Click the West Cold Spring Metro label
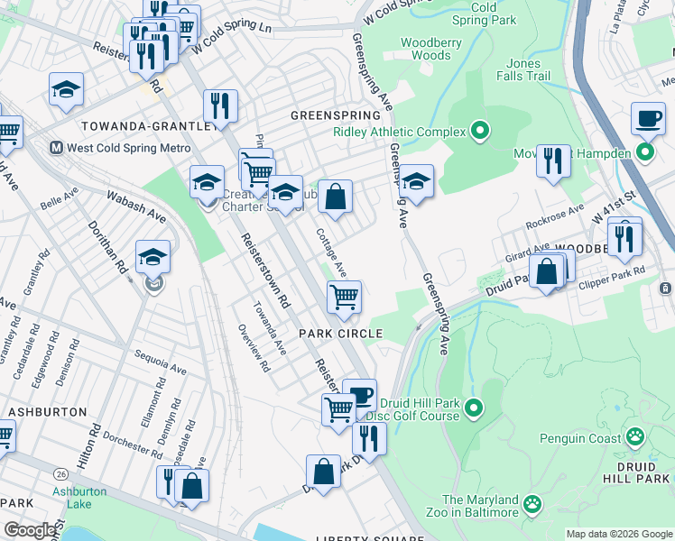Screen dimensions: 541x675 (x=129, y=148)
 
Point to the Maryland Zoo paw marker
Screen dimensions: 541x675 (x=532, y=506)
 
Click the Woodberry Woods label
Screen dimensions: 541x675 (x=425, y=49)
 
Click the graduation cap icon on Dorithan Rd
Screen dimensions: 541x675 (x=153, y=256)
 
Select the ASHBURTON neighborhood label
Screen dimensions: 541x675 (x=47, y=411)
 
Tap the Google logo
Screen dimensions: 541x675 (x=30, y=530)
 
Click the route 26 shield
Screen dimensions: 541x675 (x=60, y=473)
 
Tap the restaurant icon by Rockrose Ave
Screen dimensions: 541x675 (x=553, y=160)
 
